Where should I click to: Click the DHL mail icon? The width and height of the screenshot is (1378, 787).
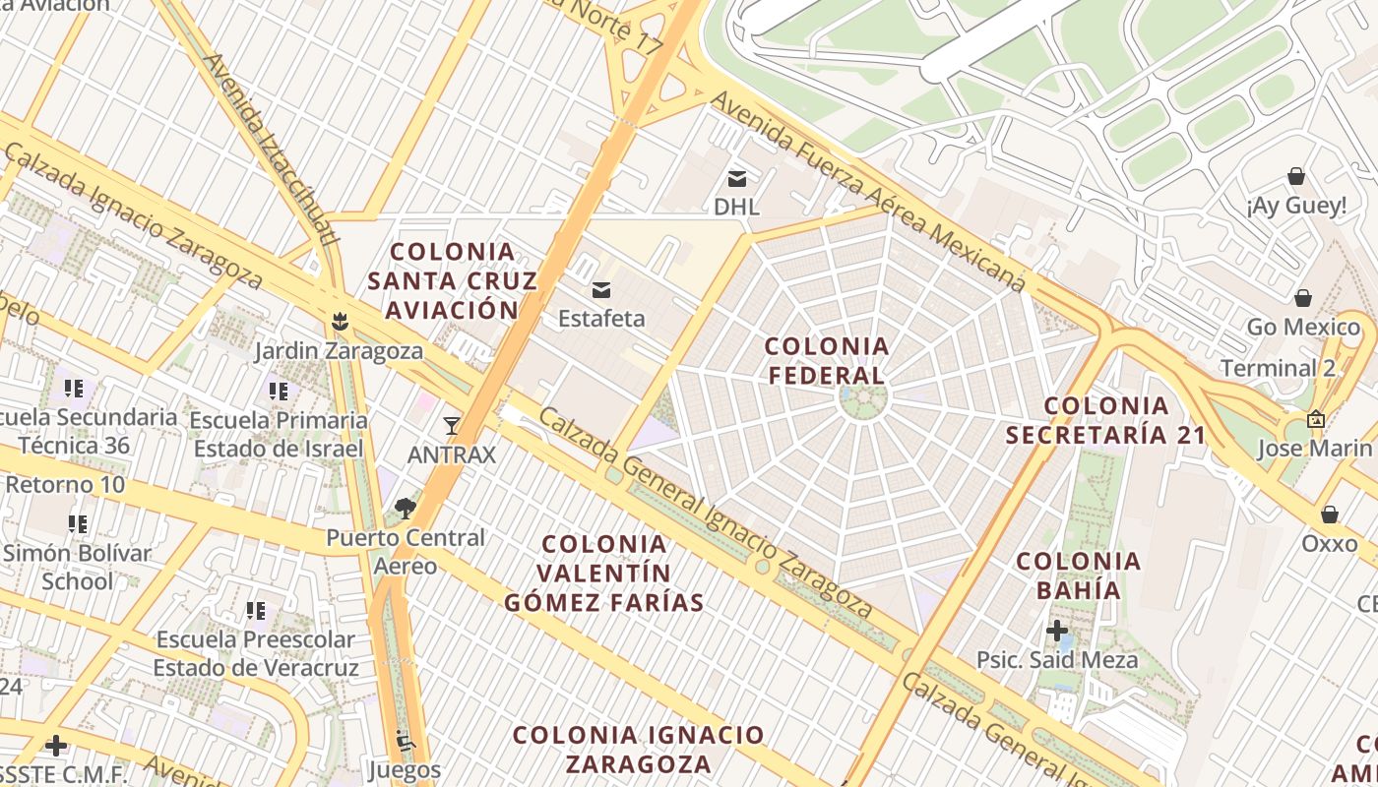[x=736, y=179]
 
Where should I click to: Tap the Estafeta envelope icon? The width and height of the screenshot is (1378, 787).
[x=600, y=290]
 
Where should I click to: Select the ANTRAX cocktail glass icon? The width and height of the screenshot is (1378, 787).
[x=452, y=425]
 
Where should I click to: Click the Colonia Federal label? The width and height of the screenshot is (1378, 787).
[x=827, y=361]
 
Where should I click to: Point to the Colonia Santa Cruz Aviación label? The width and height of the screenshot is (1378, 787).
[x=453, y=281]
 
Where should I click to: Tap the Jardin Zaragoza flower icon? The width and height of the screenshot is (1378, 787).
[x=340, y=321]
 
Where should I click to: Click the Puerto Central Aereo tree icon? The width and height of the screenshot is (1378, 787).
[x=405, y=509]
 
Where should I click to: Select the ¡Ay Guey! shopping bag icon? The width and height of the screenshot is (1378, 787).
[x=1296, y=177]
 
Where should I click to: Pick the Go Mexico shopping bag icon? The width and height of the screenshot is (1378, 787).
[x=1303, y=297]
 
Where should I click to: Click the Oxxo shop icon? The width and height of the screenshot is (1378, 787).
[x=1329, y=515]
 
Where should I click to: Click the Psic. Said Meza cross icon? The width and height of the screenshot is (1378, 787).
[x=1057, y=630]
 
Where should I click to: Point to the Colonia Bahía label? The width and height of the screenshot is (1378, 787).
[x=1079, y=576]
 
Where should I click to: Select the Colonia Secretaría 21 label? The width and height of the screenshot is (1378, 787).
[x=1106, y=420]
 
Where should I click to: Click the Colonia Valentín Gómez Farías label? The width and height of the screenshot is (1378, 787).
[x=604, y=574]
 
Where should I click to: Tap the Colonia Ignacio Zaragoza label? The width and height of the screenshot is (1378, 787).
[x=639, y=750]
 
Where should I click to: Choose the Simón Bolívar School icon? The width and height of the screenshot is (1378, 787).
[x=77, y=523]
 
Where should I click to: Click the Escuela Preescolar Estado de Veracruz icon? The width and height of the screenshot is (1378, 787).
[x=256, y=611]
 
